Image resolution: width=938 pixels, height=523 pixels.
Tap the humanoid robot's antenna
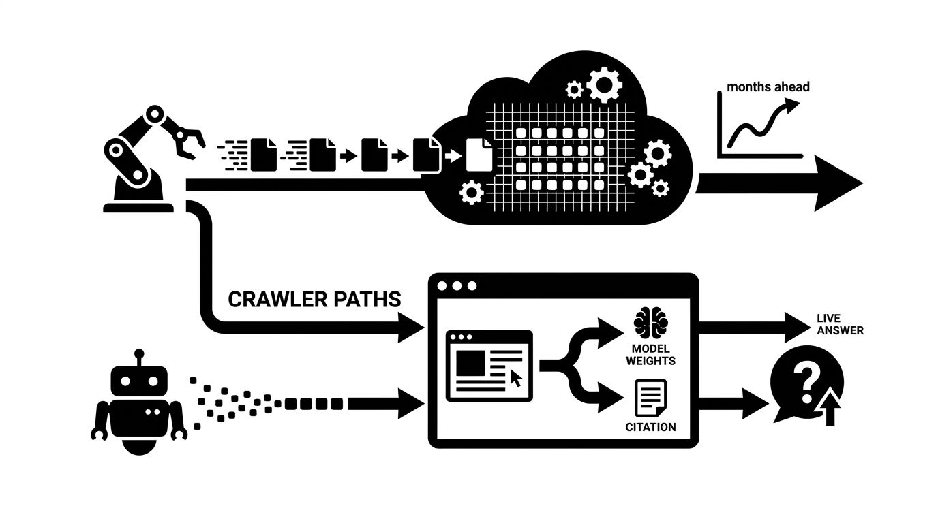(x=139, y=356)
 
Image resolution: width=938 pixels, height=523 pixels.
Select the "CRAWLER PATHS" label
(x=314, y=300)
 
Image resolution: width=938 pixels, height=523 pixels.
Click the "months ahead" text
(x=768, y=86)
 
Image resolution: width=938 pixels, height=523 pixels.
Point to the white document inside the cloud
(x=479, y=155)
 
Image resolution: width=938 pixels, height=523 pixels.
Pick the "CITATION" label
(x=650, y=428)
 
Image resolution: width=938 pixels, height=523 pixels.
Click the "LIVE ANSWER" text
(x=840, y=325)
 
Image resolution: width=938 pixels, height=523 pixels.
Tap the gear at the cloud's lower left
(x=472, y=193)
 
